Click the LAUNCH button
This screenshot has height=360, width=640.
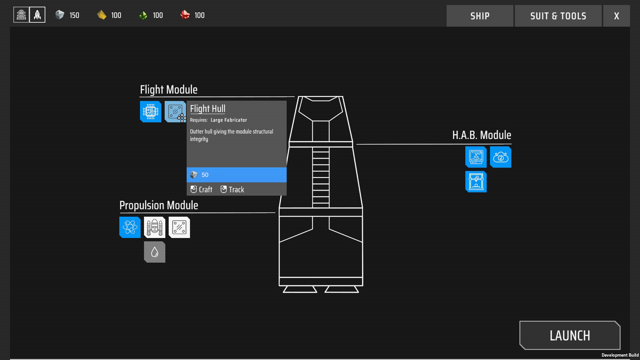[x=570, y=335]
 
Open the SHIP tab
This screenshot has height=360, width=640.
[x=480, y=16]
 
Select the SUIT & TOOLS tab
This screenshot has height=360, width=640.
[x=558, y=16]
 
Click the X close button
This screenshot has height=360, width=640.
[x=616, y=16]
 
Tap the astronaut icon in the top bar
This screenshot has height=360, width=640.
[x=21, y=15]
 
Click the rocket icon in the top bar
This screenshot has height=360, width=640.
[x=37, y=15]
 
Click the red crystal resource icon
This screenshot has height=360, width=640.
[x=185, y=15]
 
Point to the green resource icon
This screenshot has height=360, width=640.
[x=143, y=15]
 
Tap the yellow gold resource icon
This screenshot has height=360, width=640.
[x=101, y=15]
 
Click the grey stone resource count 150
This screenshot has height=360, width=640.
[x=74, y=15]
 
